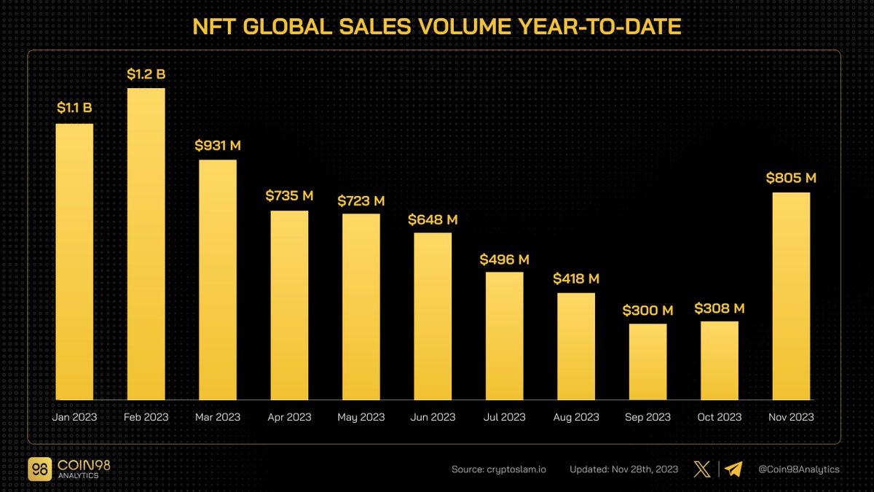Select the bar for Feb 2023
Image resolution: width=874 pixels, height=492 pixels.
146,244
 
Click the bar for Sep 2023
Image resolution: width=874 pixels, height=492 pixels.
647,362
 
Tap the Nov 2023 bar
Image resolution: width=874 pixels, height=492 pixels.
791,296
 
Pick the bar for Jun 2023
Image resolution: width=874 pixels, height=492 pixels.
433,316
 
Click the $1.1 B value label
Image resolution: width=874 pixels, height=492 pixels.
74,109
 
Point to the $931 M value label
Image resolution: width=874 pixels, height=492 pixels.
218,145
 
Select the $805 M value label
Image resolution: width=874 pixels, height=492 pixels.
791,177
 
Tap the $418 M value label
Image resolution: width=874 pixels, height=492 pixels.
576,278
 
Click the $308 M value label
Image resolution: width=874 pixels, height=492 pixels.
719,308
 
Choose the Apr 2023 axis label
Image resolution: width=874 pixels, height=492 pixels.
289,417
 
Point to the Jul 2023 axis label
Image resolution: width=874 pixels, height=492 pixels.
504,417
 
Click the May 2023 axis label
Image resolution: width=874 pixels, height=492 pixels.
361,417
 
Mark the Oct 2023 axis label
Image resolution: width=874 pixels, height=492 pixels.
719,417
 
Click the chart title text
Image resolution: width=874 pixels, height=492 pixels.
437,28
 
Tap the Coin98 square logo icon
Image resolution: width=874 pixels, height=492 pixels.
40,469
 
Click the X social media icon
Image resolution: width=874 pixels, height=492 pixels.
702,469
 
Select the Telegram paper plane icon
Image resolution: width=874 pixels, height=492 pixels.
733,469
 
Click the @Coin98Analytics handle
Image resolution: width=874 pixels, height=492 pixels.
799,469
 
